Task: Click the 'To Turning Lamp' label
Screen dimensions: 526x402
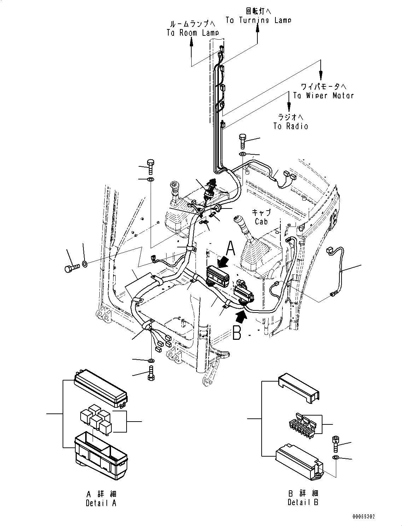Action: coord(258,20)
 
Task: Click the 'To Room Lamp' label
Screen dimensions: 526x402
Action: coord(193,33)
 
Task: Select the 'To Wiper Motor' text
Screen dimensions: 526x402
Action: coord(323,95)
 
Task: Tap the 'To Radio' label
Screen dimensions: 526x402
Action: coord(290,126)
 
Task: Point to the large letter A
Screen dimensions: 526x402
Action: coord(231,248)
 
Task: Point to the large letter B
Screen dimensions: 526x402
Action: coord(237,333)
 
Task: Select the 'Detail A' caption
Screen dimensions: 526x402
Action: coord(101,503)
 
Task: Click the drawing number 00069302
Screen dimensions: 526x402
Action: coord(363,517)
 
